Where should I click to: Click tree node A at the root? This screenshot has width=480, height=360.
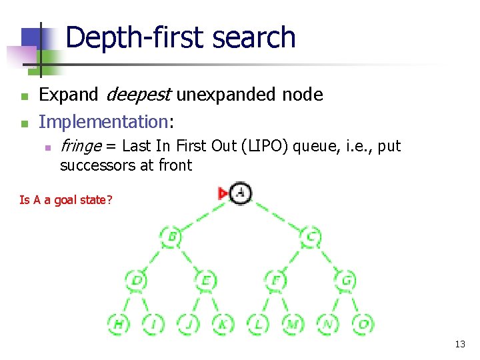coord(241,193)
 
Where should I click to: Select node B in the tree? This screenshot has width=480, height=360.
coord(172,236)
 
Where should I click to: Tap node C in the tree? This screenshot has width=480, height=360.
coord(311,236)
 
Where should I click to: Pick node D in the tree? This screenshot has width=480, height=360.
coord(137,280)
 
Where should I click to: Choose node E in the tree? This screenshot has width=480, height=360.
coord(206,280)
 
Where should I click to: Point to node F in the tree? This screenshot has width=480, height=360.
coord(276,280)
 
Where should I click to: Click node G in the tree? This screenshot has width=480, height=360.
coord(346,280)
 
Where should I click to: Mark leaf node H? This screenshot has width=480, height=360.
coord(119,324)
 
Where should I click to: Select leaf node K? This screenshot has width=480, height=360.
coord(223,324)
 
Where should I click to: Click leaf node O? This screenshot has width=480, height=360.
coord(363,324)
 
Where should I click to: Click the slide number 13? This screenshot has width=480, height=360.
coord(459,344)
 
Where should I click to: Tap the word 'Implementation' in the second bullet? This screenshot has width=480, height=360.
coord(103,122)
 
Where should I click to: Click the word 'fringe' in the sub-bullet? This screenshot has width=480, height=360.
coord(81,146)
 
